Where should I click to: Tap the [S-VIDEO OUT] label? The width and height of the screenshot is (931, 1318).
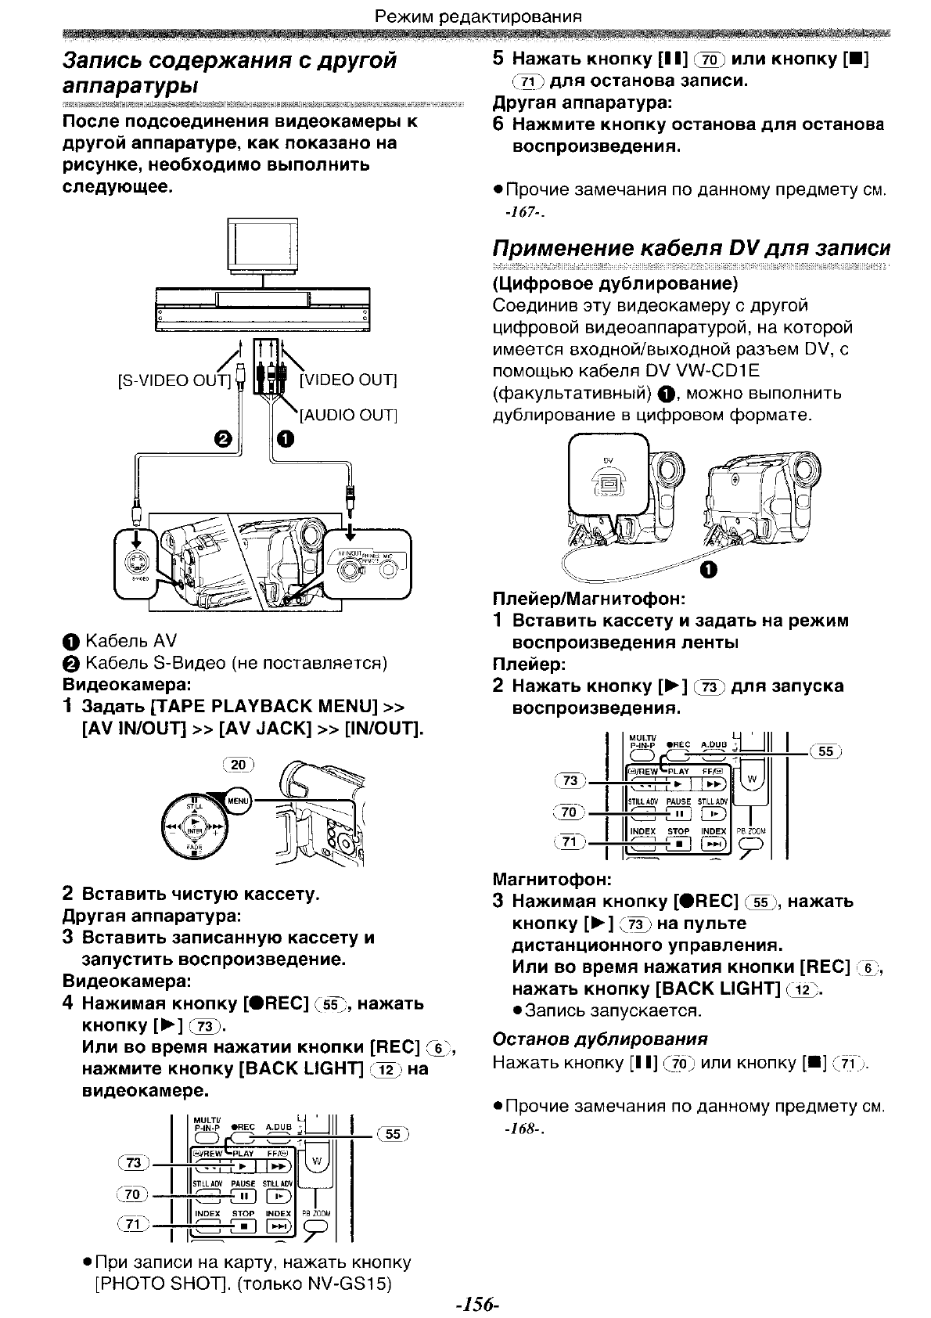(x=174, y=380)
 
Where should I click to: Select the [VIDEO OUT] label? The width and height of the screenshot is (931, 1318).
(x=348, y=380)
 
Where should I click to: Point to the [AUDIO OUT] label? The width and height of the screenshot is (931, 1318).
(x=349, y=415)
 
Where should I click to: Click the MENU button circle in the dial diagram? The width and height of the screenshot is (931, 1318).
(x=238, y=800)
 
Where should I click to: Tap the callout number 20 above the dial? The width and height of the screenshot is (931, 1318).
(x=239, y=765)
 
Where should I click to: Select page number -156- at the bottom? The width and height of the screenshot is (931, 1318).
(x=476, y=1304)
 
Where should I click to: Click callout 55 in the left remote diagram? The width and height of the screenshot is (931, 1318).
(x=392, y=1133)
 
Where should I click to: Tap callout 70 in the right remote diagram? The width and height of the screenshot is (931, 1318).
(x=570, y=812)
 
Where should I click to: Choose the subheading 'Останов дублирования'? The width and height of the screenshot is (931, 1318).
(x=599, y=1039)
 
